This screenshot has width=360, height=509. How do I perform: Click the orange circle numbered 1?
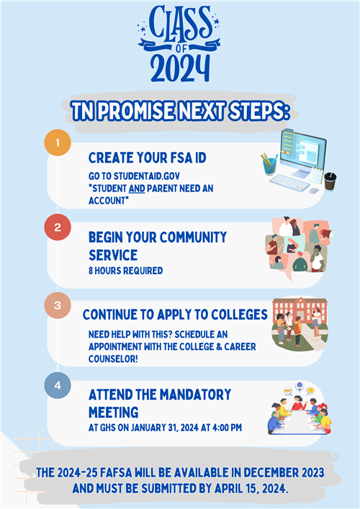tap(58, 143)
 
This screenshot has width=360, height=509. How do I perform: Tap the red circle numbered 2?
tap(58, 228)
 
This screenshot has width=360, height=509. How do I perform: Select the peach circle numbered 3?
tap(58, 305)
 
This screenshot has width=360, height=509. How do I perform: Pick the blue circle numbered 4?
tap(58, 385)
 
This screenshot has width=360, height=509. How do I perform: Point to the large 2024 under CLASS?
tap(180, 68)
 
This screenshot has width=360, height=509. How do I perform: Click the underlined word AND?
tap(137, 189)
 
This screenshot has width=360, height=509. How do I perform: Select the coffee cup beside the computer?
tap(330, 181)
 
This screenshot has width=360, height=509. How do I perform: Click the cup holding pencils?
tap(269, 165)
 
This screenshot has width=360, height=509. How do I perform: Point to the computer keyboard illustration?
tap(289, 183)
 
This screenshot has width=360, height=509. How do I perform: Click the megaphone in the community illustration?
tap(326, 233)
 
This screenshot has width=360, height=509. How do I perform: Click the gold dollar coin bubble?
tap(310, 390)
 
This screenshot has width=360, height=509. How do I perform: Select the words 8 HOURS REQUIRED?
tap(125, 271)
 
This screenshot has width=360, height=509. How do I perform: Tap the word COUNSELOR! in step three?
tap(113, 359)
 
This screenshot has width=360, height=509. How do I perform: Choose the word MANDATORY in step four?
tap(195, 395)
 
